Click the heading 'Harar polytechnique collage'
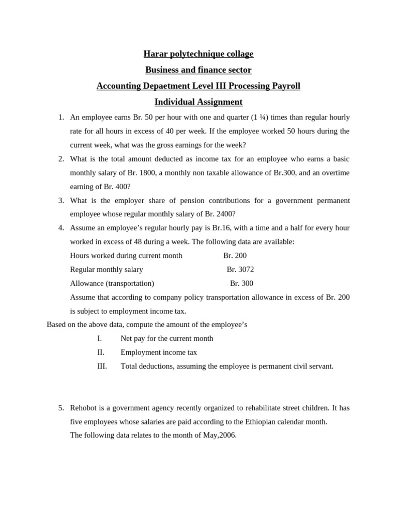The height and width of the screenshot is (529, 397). pyautogui.click(x=198, y=54)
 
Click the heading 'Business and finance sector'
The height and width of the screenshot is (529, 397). pyautogui.click(x=198, y=70)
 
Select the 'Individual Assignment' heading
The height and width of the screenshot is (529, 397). pyautogui.click(x=198, y=102)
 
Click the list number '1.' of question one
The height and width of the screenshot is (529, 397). pyautogui.click(x=61, y=117)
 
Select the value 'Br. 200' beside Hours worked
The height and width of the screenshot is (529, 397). pyautogui.click(x=235, y=256)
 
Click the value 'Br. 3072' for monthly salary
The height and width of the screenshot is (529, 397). pyautogui.click(x=240, y=270)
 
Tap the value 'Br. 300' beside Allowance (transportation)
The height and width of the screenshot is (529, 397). pyautogui.click(x=241, y=284)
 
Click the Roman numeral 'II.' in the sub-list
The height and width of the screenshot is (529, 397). pyautogui.click(x=101, y=352)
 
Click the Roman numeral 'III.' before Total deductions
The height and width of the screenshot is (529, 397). pyautogui.click(x=102, y=366)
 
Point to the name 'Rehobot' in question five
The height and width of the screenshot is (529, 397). pyautogui.click(x=84, y=408)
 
